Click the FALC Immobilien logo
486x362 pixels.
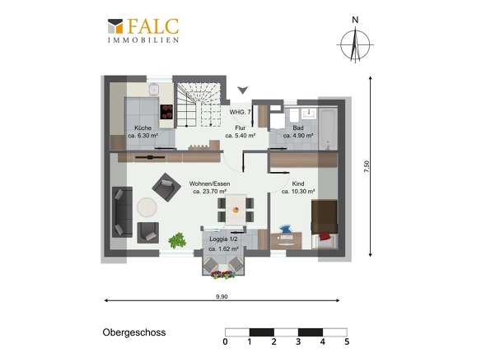[x=143, y=30]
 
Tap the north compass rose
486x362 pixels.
[x=355, y=44]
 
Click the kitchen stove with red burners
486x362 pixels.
[x=166, y=112]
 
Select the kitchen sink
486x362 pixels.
[x=153, y=89]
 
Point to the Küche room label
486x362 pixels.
[x=143, y=128]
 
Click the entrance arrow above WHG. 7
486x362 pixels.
[x=243, y=90]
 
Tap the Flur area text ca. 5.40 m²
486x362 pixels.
[x=241, y=136]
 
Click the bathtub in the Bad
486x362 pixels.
[x=328, y=128]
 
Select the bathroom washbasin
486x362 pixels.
[x=309, y=114]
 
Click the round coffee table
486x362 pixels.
[x=147, y=207]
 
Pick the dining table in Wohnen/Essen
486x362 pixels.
[x=236, y=209]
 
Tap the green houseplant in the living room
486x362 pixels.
[x=177, y=240]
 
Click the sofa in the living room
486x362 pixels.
[x=122, y=212]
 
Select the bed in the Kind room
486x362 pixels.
[x=325, y=225]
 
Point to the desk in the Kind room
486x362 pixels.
[x=286, y=240]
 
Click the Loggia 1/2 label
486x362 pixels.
[x=223, y=239]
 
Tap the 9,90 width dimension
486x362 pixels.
[x=222, y=297]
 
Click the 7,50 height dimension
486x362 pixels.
[x=367, y=166]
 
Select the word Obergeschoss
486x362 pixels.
[x=134, y=332]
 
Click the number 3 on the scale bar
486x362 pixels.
[x=298, y=341]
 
